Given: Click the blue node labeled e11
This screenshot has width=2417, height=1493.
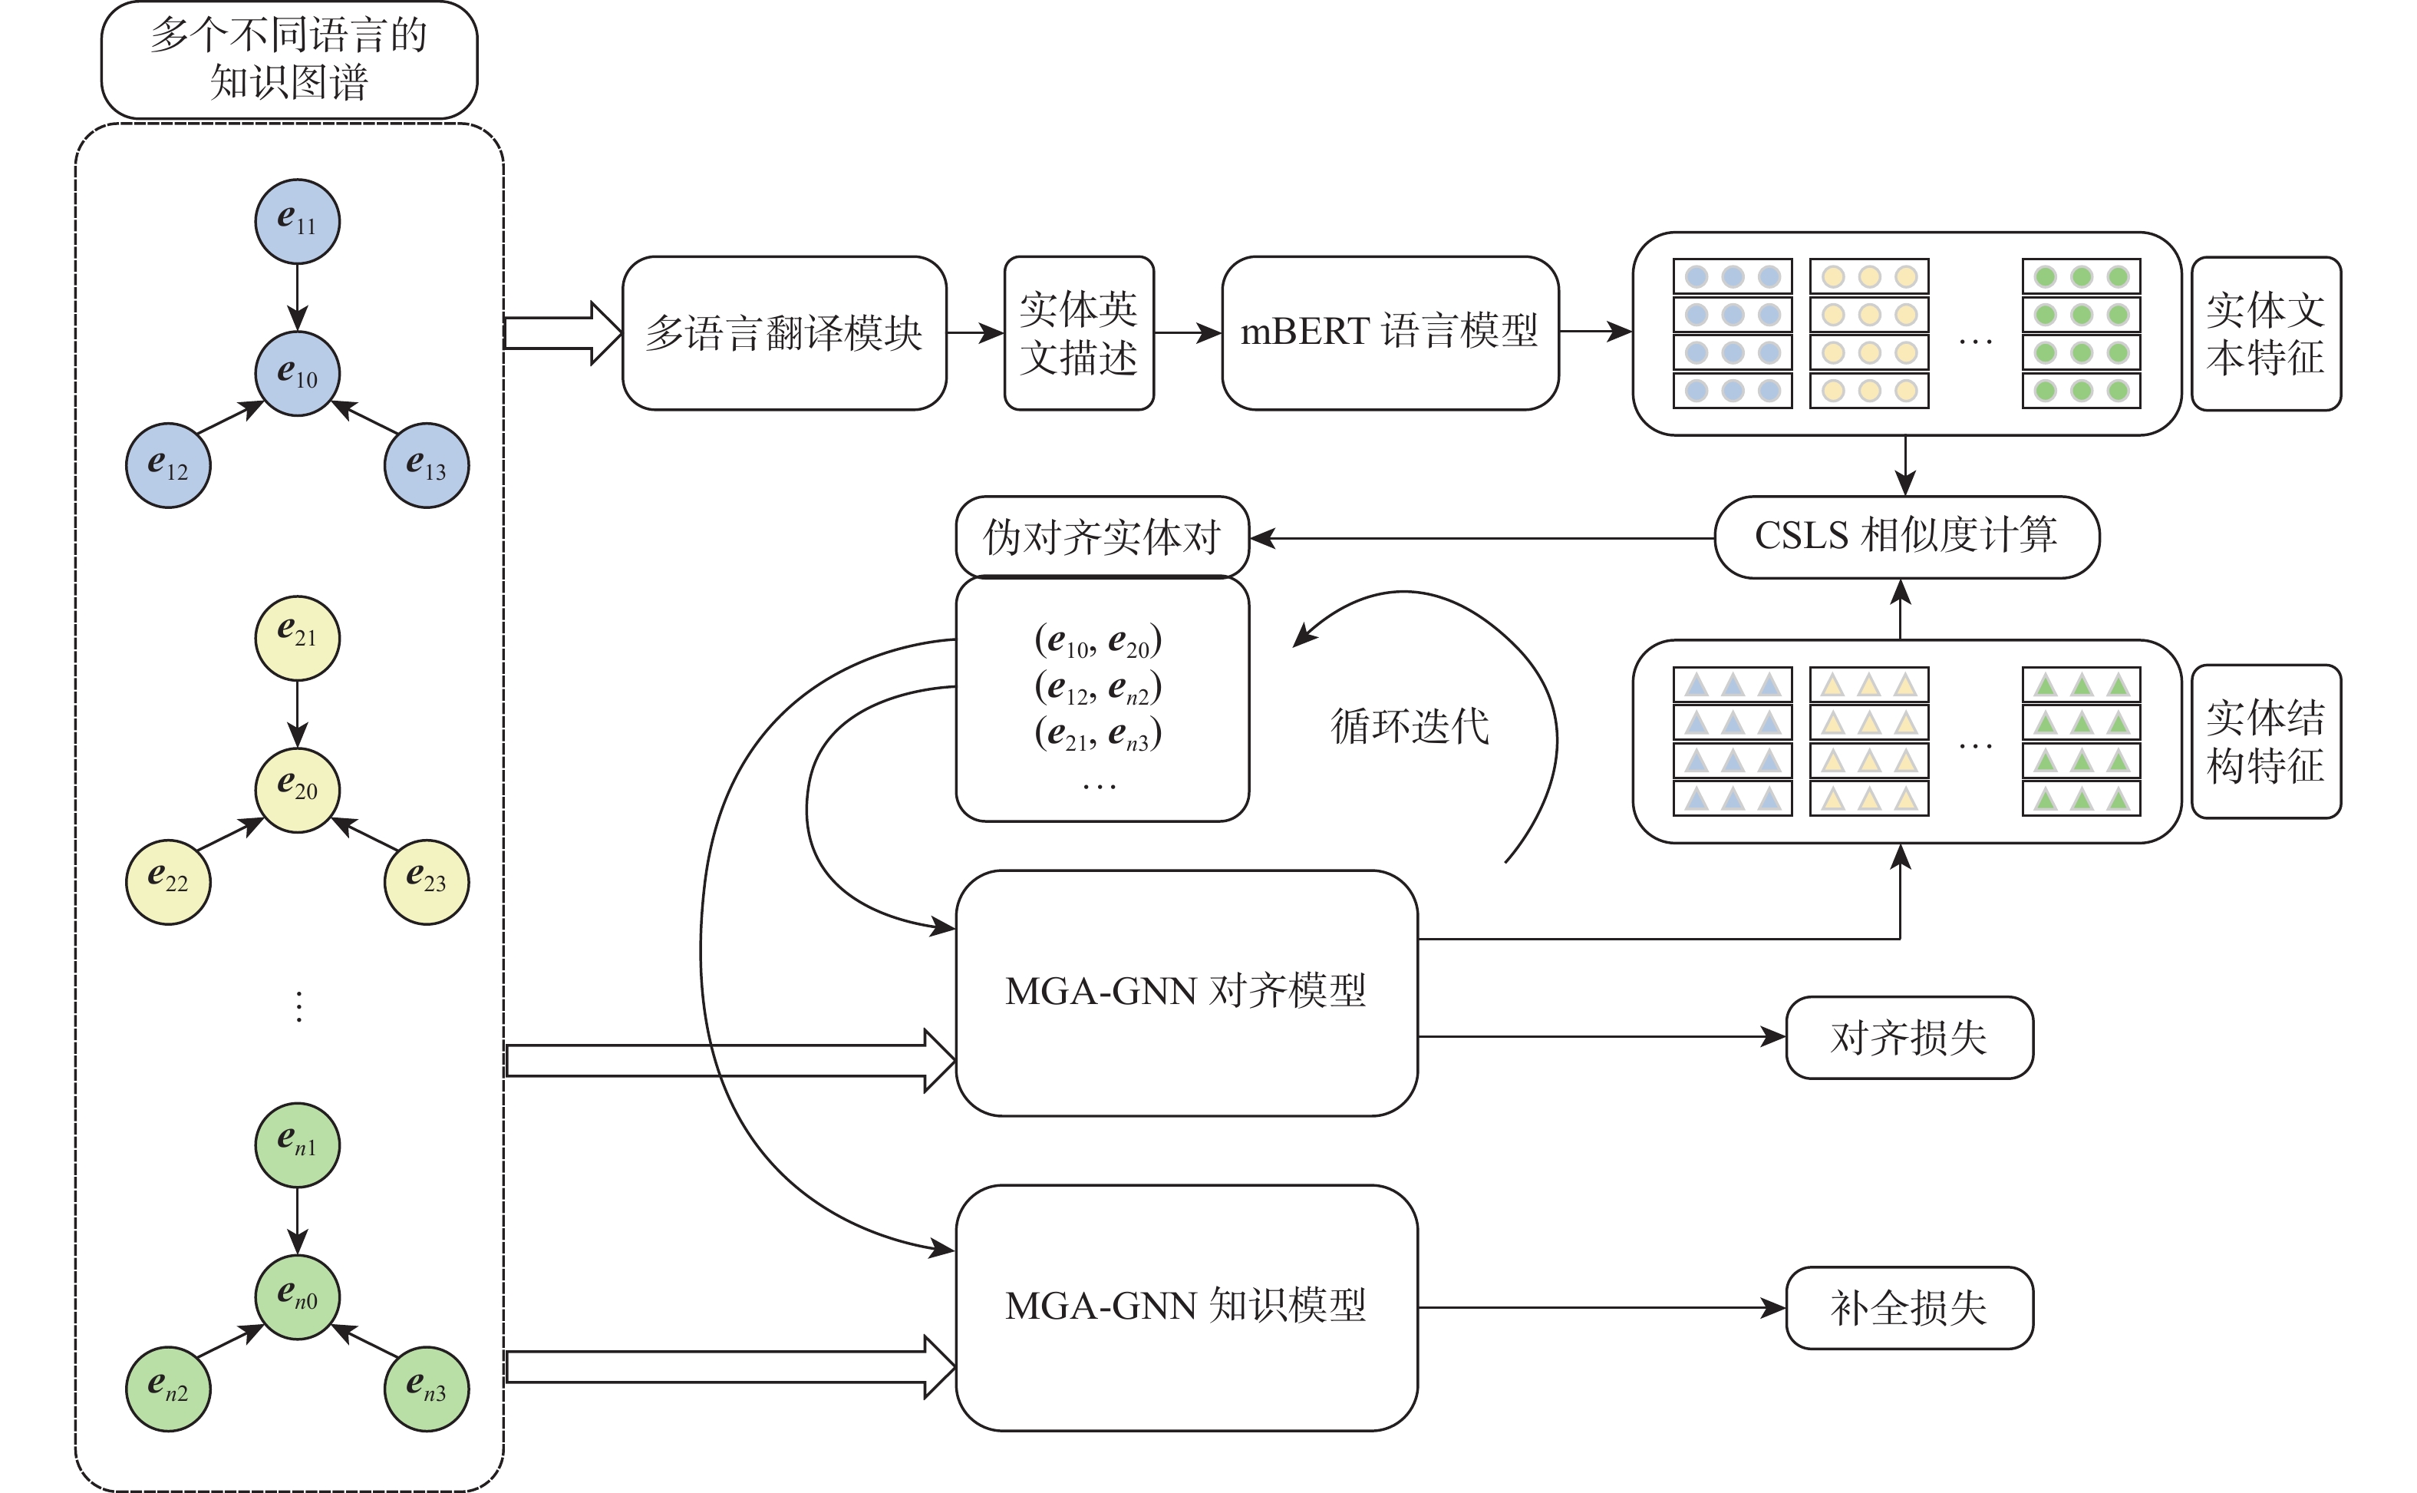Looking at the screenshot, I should (x=297, y=221).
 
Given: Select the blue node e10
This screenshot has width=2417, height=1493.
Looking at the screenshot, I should (x=297, y=375).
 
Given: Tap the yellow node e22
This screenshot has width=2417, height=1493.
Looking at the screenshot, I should (x=168, y=882).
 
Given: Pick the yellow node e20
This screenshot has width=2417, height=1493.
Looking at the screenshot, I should (x=297, y=790).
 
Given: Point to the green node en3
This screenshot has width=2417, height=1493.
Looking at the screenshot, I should (x=427, y=1389).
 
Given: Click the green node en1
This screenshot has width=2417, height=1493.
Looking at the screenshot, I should (x=297, y=1145).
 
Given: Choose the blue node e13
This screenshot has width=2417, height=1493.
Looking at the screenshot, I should (x=427, y=466).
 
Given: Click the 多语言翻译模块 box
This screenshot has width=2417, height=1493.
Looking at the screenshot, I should (x=783, y=333).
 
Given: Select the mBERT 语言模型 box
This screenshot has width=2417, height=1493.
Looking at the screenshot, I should (x=1389, y=333).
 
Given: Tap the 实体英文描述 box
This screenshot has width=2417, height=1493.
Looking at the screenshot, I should (x=1078, y=333).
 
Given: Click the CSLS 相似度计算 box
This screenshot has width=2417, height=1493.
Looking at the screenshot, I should (x=1906, y=537).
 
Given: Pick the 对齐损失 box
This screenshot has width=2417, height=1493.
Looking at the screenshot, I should (x=1909, y=1038).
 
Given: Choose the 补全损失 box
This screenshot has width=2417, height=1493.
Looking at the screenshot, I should (x=1909, y=1307).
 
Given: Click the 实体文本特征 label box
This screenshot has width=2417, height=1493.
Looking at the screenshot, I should (x=2265, y=333).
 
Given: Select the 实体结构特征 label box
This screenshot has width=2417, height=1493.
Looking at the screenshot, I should (x=2265, y=741).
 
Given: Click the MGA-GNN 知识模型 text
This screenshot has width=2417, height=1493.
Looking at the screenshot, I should (x=1185, y=1306).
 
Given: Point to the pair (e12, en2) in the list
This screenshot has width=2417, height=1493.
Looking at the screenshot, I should (x=1097, y=689).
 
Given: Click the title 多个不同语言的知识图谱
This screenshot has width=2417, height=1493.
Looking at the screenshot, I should (x=289, y=59).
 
